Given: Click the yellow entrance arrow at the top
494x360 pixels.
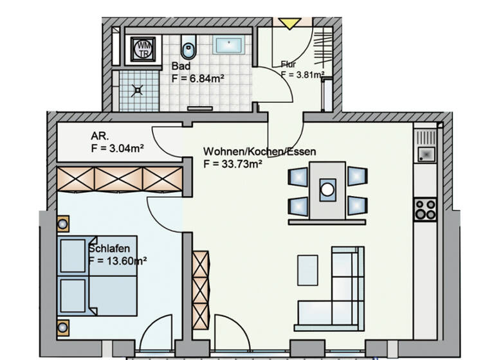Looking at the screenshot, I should click(288, 23).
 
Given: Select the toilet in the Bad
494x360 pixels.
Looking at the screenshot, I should click(188, 47).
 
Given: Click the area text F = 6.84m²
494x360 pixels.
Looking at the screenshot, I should click(198, 78).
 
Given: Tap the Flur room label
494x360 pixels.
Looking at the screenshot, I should click(288, 64).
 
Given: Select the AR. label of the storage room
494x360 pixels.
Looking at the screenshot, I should click(100, 136).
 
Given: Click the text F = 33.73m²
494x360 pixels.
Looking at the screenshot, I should click(233, 164).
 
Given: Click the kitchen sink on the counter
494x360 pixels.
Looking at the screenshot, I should click(425, 154).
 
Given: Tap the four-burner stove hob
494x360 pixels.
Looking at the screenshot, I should click(425, 208).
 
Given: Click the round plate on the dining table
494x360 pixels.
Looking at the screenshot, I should click(328, 189).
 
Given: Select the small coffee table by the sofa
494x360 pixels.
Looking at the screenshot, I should click(307, 269).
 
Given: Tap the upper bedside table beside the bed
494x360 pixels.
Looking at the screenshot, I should click(63, 224).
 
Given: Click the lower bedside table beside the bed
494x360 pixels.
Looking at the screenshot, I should click(63, 327).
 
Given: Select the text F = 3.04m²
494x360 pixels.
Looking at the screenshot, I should click(117, 148).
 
